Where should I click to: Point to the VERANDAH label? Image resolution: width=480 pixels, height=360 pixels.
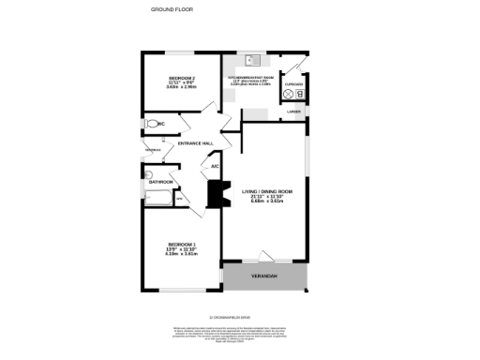263,277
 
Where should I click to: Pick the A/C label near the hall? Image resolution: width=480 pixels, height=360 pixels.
216,167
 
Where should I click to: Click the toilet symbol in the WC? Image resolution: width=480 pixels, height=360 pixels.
152,124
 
